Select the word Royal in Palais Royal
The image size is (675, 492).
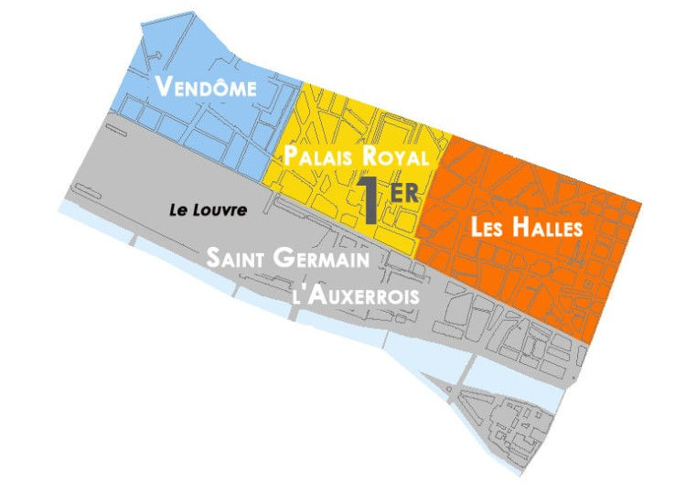394,156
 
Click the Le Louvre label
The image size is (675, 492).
209,209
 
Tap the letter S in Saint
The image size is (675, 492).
213,258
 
